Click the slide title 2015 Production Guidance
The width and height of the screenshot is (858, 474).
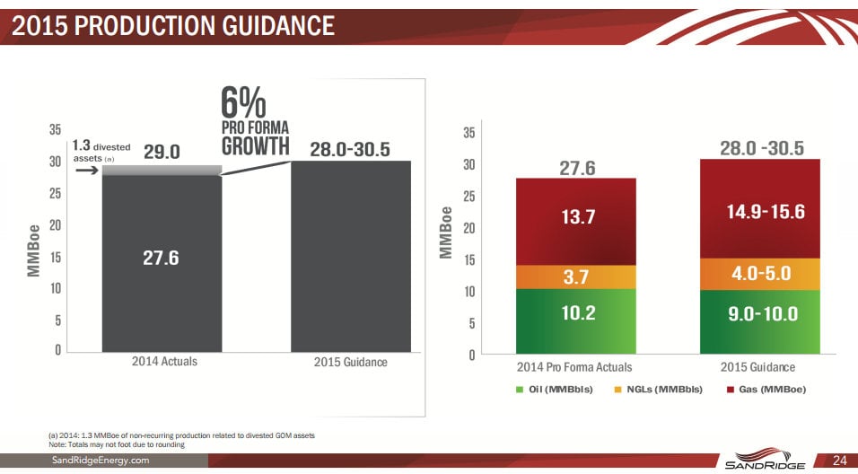(x=174, y=26)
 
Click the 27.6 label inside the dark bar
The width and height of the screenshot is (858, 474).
(x=161, y=259)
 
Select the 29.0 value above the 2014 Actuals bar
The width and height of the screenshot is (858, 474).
(x=162, y=151)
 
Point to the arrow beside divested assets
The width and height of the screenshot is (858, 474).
(x=86, y=167)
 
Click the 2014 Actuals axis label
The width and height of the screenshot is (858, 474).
(x=164, y=362)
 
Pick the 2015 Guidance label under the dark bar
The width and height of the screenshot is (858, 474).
(x=350, y=362)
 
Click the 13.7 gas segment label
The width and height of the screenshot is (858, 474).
(x=575, y=217)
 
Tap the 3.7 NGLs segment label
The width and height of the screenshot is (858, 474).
(x=575, y=277)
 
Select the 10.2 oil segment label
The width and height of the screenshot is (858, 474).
(x=575, y=313)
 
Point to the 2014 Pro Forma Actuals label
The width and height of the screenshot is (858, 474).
(x=574, y=367)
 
